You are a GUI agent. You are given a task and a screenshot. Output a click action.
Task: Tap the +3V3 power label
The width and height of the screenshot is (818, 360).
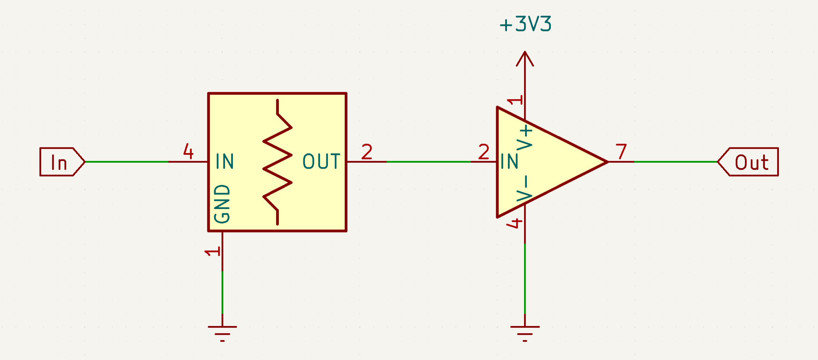(525, 24)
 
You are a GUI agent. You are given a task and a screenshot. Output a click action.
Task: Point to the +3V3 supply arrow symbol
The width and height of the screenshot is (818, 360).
(524, 59)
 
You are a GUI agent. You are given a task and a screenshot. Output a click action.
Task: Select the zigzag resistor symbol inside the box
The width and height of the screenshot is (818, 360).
(277, 162)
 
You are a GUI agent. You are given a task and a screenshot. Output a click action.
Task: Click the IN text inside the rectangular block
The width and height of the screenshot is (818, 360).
(224, 162)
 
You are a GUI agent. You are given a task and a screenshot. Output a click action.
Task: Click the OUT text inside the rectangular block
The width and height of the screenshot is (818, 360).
(321, 162)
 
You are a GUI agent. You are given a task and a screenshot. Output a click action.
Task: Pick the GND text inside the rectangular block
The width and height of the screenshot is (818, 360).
(222, 204)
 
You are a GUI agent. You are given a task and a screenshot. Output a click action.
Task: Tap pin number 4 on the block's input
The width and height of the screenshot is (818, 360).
(188, 151)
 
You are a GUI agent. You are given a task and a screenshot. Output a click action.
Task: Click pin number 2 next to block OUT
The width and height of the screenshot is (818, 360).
(367, 152)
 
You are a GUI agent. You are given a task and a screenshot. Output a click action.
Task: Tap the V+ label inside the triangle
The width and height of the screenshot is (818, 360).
(524, 138)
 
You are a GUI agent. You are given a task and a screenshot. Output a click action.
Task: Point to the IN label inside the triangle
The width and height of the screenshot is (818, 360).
(509, 162)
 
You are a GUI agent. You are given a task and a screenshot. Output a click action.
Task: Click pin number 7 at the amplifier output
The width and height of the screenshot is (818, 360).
(621, 152)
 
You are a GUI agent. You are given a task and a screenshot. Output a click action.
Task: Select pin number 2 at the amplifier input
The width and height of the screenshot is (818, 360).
(484, 152)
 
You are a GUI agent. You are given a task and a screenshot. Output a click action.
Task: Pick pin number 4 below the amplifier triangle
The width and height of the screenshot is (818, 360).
(514, 223)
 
